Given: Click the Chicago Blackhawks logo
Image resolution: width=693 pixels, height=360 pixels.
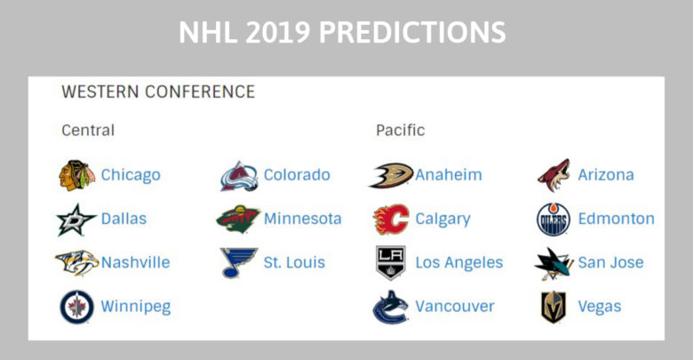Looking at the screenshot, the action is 76,175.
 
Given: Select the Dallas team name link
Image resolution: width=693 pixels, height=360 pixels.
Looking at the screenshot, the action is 123,219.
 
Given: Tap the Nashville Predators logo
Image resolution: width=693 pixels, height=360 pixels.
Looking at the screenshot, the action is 77,262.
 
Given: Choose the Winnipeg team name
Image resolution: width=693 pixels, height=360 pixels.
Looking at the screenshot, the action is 136,307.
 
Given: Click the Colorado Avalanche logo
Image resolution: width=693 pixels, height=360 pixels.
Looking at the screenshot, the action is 239,176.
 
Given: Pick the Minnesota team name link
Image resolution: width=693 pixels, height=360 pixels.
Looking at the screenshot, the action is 303,219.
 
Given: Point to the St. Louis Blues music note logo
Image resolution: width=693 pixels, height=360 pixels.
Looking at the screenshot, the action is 238,263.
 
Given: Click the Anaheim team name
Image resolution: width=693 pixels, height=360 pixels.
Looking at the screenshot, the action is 449,175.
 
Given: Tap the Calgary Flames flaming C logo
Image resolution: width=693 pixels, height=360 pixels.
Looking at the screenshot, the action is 391,219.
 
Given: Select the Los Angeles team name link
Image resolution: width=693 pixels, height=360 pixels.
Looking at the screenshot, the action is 459,263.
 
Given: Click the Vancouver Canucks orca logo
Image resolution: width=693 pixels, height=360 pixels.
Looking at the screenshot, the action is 390,308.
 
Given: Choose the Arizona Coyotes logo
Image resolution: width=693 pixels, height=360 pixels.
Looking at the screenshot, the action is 554,175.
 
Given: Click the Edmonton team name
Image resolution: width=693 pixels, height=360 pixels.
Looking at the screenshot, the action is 616,219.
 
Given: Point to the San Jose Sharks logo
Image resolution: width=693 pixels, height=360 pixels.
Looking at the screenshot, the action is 553,263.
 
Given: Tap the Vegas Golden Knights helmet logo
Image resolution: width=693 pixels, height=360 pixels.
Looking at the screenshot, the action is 554,307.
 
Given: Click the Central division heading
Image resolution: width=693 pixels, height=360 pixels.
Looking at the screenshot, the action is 88,130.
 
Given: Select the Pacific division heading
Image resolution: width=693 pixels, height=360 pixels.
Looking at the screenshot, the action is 401,130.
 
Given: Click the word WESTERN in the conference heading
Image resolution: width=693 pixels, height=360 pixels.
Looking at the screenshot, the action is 100,92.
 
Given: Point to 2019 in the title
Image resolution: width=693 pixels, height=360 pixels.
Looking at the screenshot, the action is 277,32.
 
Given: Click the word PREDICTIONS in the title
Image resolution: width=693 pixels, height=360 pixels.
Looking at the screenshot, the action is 412,32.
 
